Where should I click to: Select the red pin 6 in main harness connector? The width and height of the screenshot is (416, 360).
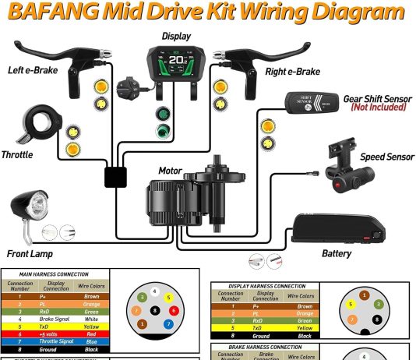pos(173,310)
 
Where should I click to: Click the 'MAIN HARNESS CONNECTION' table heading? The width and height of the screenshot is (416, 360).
pos(53,274)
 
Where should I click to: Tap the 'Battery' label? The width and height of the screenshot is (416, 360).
pos(337,253)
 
